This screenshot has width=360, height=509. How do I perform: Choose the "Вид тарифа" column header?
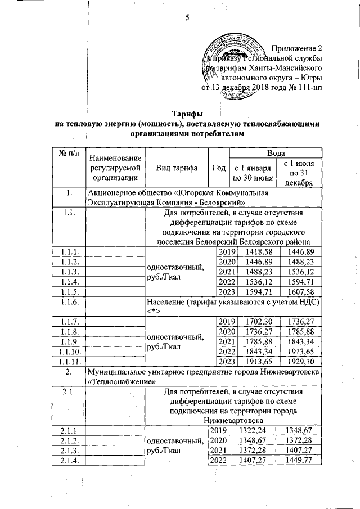pos(176,168)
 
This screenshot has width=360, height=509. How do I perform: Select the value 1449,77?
pos(299,461)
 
